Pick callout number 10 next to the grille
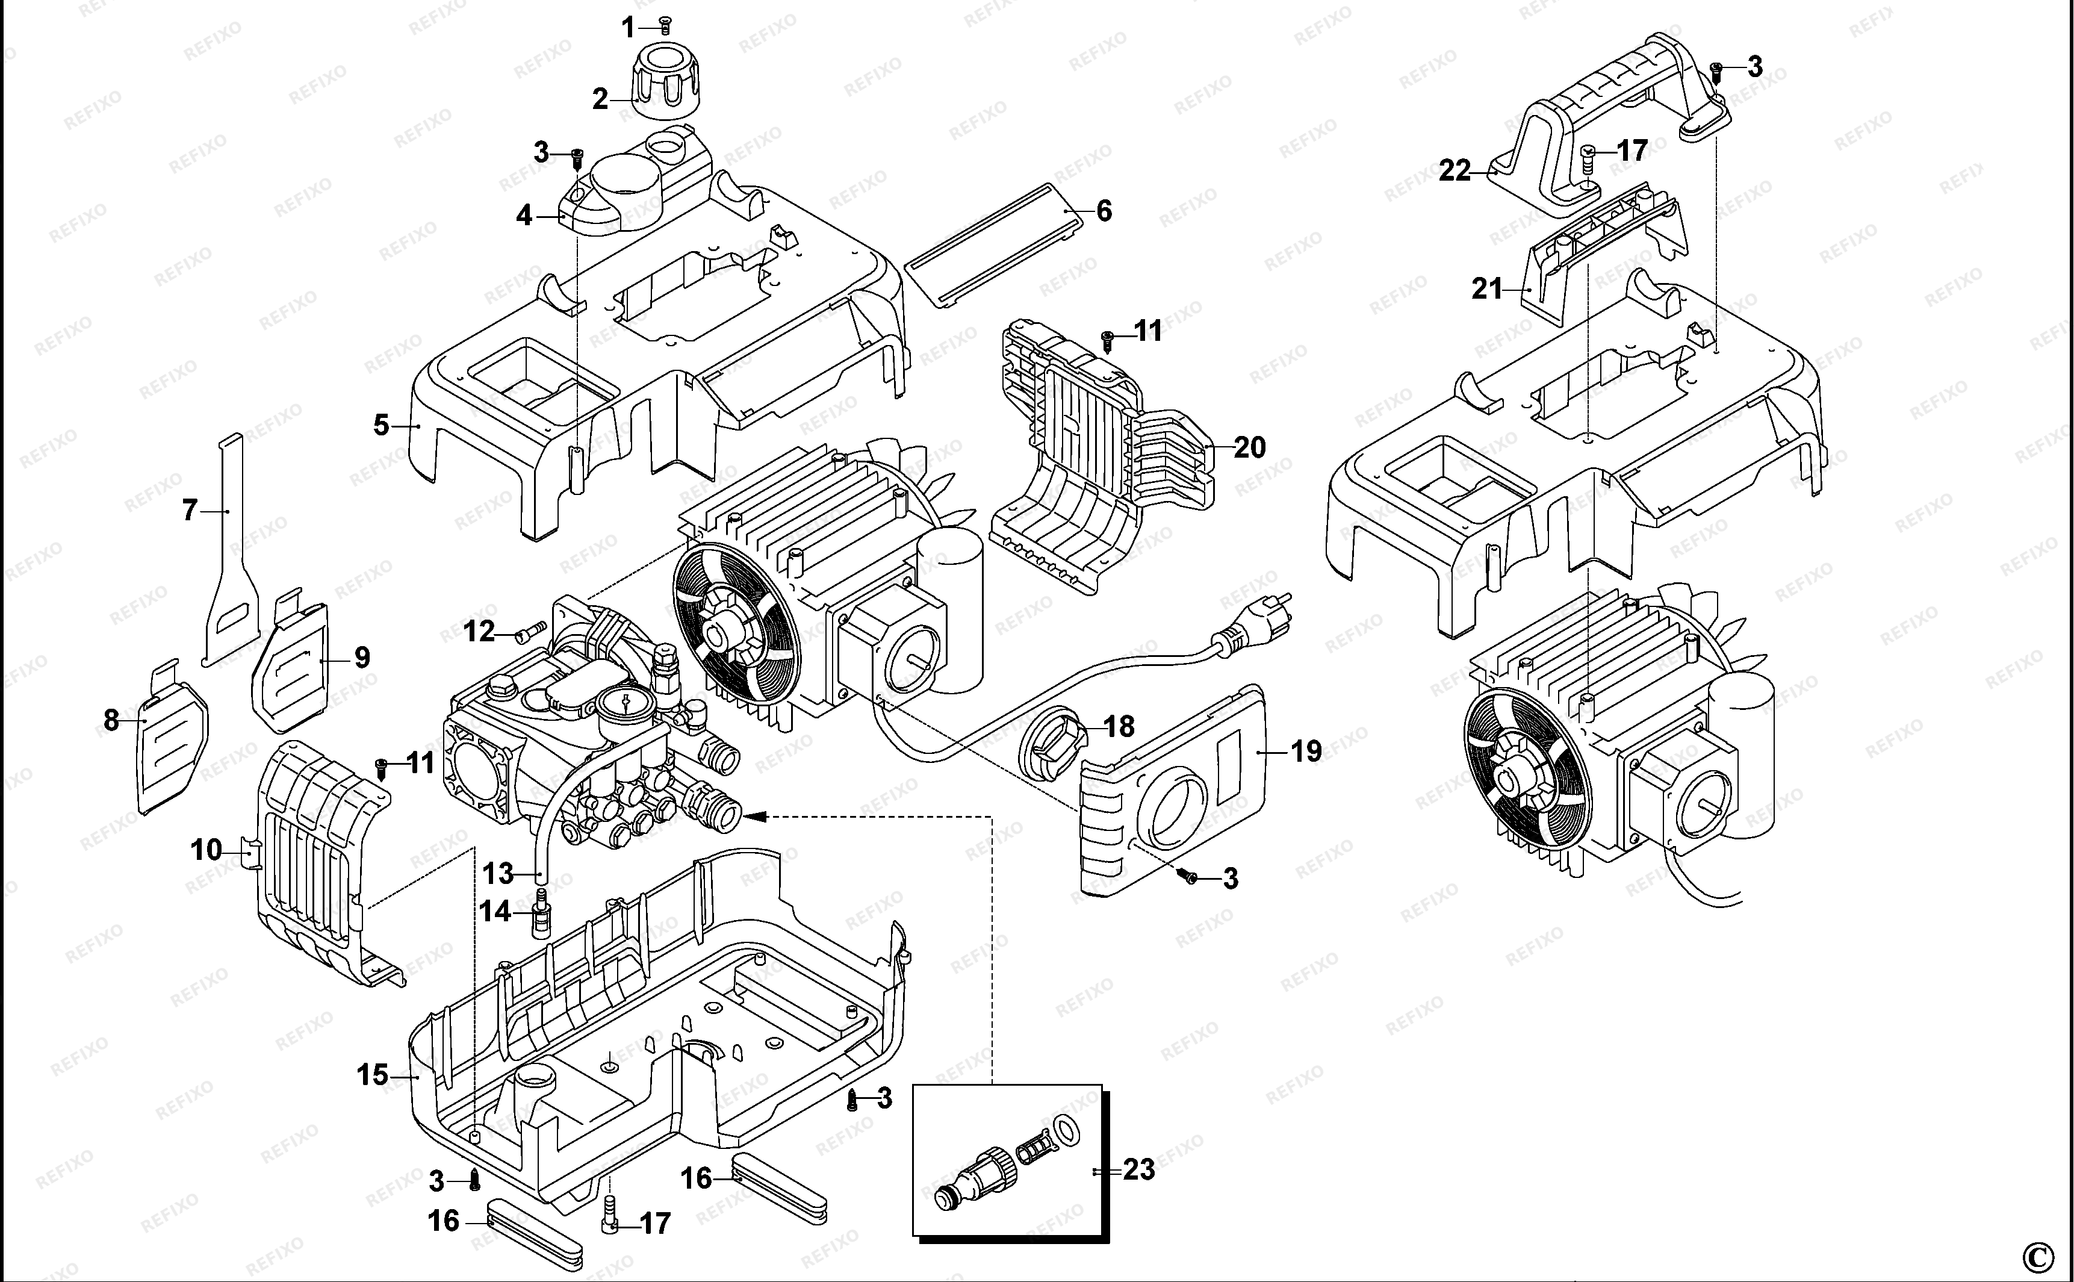click(206, 850)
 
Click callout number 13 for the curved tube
click(498, 873)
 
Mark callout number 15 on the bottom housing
click(372, 1075)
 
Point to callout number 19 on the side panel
click(1306, 751)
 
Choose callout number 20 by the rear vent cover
click(1249, 447)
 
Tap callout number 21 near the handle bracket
click(1486, 289)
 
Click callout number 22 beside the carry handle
click(1455, 170)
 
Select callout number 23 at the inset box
click(1139, 1169)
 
